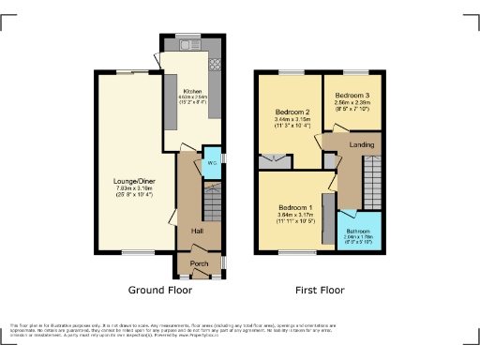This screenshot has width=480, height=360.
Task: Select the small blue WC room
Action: (213, 162)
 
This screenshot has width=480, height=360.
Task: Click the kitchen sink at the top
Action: (187, 44)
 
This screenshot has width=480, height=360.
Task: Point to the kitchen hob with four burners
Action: (216, 65)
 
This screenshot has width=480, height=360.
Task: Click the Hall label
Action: (198, 231)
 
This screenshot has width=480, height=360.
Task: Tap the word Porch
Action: (199, 263)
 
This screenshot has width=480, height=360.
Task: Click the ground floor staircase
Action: (213, 202)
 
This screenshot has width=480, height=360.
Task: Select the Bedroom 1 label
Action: (294, 207)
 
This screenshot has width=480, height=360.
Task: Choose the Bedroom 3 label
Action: (352, 96)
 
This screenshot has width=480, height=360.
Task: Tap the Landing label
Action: (362, 145)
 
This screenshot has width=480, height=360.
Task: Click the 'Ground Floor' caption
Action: (159, 291)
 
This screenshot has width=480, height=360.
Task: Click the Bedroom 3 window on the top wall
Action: (354, 72)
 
